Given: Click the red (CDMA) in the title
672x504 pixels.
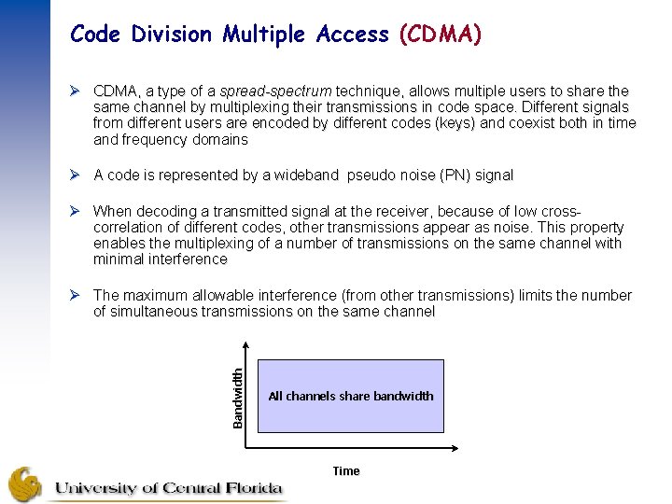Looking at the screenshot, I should pyautogui.click(x=440, y=35).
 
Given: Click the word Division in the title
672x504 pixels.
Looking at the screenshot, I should pyautogui.click(x=172, y=35).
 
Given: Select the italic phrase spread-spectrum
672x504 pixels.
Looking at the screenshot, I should pyautogui.click(x=275, y=91).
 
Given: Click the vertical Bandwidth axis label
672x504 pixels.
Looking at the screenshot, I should pyautogui.click(x=238, y=397).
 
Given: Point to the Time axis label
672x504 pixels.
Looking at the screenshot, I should pyautogui.click(x=346, y=471).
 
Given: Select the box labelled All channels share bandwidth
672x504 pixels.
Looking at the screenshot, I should pyautogui.click(x=350, y=396).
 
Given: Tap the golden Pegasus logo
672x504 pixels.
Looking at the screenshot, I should pyautogui.click(x=25, y=484).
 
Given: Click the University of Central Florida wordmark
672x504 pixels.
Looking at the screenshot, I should pyautogui.click(x=168, y=488).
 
